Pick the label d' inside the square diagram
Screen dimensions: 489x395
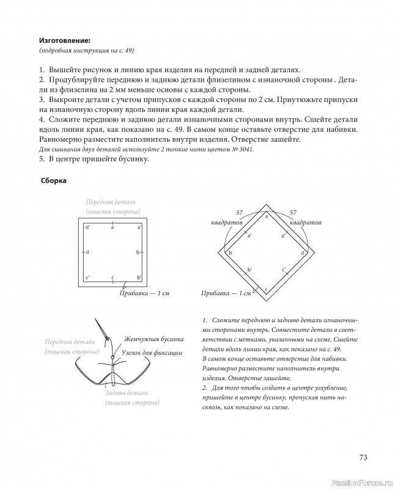88,227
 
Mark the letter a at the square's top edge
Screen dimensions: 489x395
113,227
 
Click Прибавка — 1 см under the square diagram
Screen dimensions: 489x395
143,293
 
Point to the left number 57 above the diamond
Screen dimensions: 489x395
239,212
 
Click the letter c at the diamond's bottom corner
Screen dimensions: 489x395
265,288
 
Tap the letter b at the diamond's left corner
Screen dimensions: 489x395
231,252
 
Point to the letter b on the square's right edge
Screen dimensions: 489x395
138,252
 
